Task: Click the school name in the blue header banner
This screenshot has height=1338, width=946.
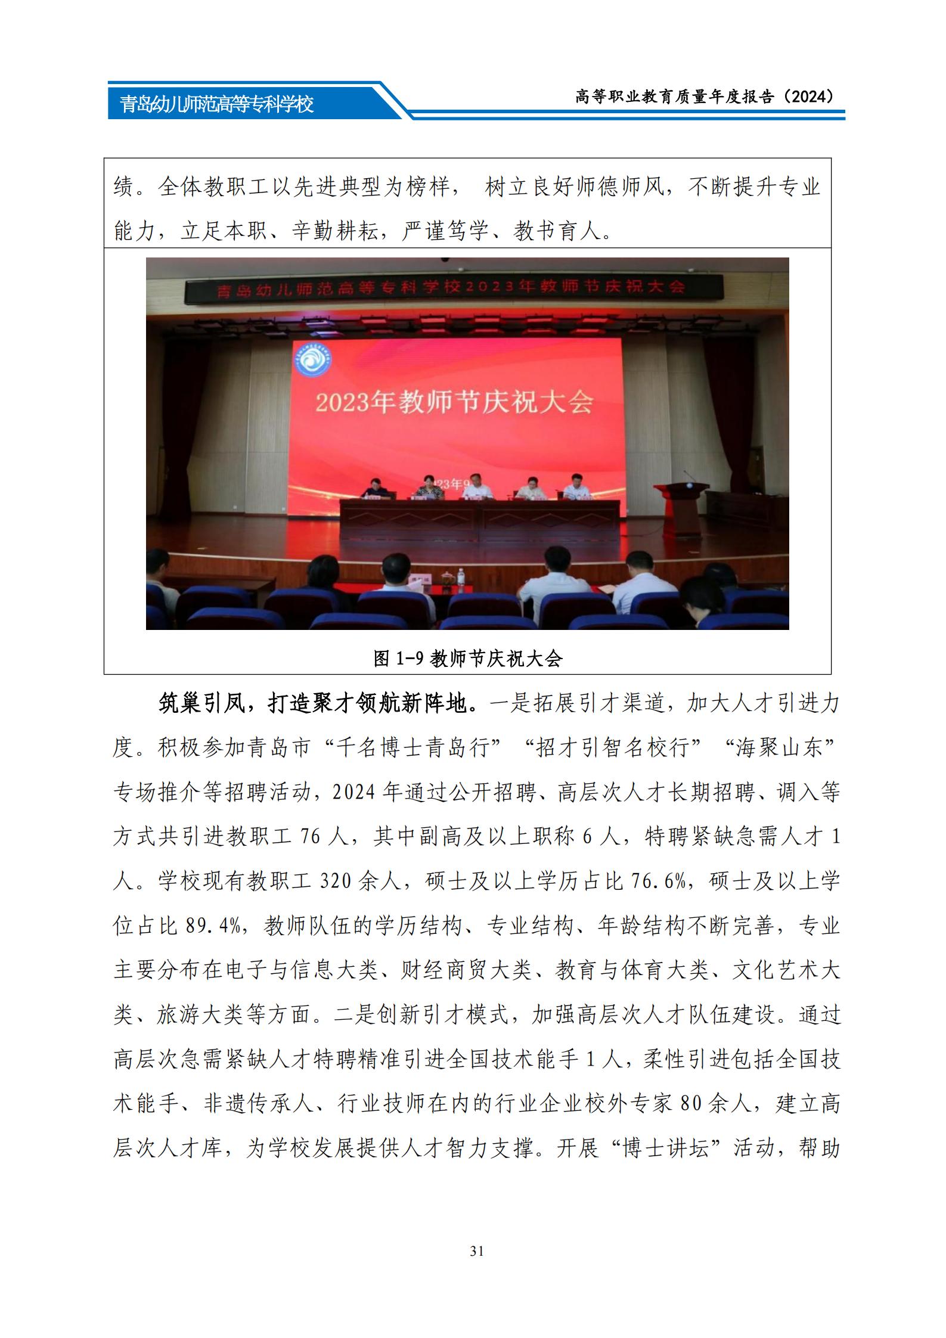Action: pos(216,105)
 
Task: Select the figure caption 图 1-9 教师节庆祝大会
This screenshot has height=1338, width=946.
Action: pos(467,658)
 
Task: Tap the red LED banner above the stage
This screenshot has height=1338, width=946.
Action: pos(453,288)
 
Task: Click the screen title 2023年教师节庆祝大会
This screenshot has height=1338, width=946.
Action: pos(454,403)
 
